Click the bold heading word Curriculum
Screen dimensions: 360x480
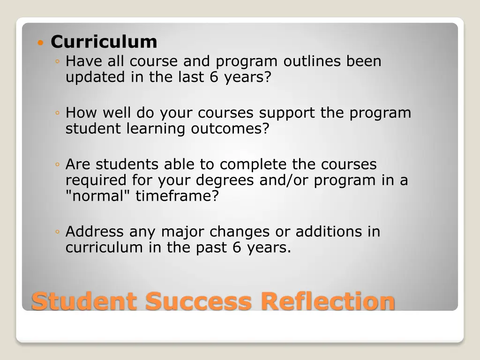pyautogui.click(x=104, y=42)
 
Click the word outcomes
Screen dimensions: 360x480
pyautogui.click(x=230, y=128)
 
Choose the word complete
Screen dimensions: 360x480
pyautogui.click(x=253, y=165)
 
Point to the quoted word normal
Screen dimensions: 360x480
pyautogui.click(x=98, y=195)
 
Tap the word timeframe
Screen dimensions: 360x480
pyautogui.click(x=177, y=195)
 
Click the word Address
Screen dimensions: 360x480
pyautogui.click(x=95, y=232)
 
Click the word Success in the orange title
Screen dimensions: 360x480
pyautogui.click(x=198, y=301)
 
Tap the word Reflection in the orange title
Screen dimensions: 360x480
pyautogui.click(x=328, y=301)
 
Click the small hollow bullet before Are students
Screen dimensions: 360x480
pyautogui.click(x=57, y=165)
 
